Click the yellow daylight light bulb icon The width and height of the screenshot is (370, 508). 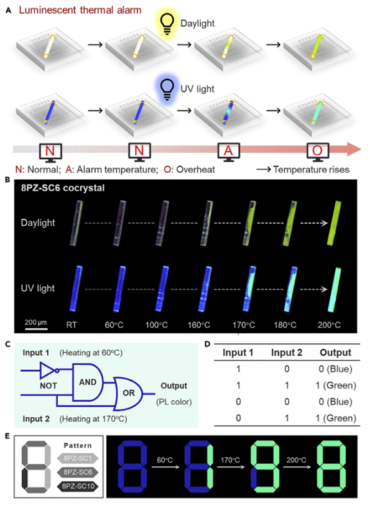point(167,24)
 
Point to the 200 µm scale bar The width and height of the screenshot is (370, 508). point(36,329)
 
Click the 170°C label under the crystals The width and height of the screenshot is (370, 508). point(244,325)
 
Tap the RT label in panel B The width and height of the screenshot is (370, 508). point(72,325)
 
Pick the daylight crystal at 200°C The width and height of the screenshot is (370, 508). point(334,223)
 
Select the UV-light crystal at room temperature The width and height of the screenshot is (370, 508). point(75,289)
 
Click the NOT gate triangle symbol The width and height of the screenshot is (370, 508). point(47,371)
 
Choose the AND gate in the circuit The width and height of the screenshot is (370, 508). point(88,382)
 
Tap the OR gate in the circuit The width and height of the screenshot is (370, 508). point(127,394)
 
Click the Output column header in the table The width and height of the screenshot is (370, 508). point(335,353)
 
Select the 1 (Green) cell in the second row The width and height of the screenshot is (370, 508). point(336,386)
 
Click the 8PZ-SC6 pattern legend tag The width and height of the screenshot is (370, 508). point(78,472)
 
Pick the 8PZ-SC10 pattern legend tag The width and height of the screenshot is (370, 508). point(78,486)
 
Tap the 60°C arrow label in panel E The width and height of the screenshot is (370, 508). point(165,460)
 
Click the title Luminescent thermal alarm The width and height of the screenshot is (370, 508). point(80,10)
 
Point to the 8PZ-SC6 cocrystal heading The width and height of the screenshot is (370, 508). point(63,188)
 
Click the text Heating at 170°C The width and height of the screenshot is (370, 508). point(93,419)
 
